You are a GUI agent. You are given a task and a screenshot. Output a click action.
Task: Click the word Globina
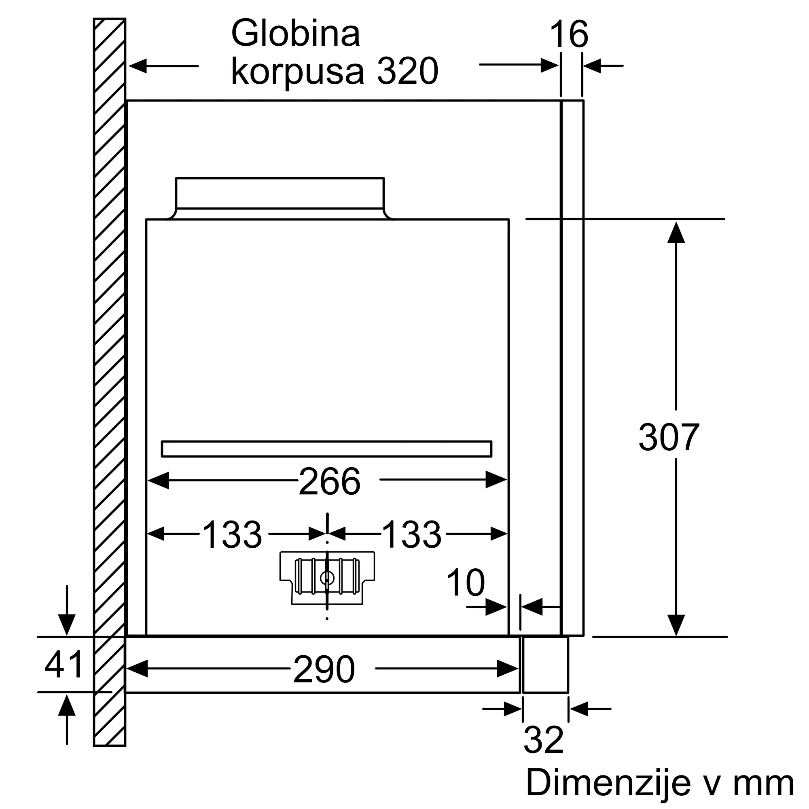point(295,33)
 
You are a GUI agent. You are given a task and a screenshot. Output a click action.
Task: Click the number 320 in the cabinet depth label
point(407,71)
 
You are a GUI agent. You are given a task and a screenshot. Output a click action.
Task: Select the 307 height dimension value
point(669,437)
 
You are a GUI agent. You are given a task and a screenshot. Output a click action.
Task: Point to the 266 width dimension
point(330,481)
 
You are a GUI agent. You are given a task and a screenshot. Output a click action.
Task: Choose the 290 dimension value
point(324,669)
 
